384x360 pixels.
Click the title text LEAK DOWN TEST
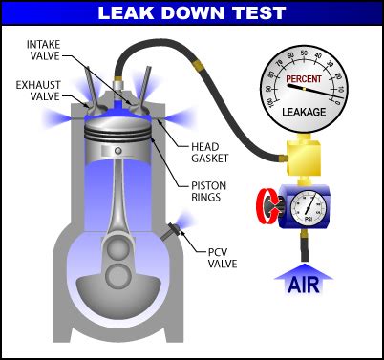191,13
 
